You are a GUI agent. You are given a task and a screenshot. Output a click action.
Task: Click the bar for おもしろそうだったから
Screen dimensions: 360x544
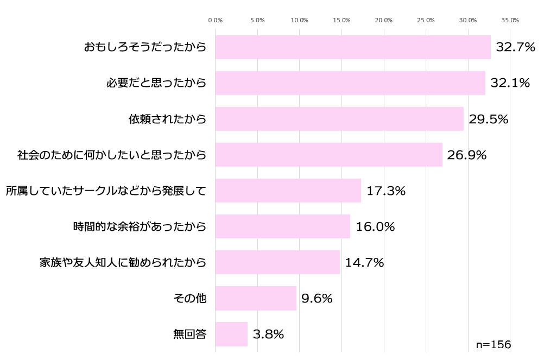coord(353,47)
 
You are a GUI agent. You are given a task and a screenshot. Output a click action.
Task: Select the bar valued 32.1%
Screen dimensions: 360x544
coord(350,83)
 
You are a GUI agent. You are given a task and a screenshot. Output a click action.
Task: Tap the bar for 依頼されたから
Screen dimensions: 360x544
coord(339,119)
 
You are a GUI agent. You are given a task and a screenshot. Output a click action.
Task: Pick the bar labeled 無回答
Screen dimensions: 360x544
coord(231,334)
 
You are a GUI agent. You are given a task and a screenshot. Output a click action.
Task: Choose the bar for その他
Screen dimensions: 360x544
coord(256,298)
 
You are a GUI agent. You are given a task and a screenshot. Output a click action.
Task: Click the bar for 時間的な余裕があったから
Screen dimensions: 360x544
coord(283,226)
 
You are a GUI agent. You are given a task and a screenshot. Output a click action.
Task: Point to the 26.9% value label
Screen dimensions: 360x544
coord(466,155)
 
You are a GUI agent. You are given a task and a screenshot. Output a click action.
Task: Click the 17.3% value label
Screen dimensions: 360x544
coord(386,191)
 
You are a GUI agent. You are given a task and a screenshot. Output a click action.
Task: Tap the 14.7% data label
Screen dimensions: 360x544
coord(364,263)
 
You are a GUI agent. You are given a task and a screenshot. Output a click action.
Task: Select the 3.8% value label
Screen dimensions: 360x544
coord(269,334)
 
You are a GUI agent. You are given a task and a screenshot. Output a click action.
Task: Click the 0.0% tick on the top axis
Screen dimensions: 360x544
coord(216,20)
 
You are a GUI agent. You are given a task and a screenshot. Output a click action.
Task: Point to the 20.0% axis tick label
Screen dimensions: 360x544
coord(384,20)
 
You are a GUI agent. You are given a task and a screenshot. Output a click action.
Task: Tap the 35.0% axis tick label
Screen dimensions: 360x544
coord(510,20)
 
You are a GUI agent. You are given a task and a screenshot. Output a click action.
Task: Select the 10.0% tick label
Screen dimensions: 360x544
coord(300,20)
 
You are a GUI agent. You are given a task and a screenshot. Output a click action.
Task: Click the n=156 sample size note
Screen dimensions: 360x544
coord(493,345)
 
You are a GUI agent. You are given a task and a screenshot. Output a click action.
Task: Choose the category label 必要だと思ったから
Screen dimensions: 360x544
coord(156,83)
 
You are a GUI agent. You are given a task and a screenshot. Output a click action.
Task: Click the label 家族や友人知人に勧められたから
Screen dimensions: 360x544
coord(123,263)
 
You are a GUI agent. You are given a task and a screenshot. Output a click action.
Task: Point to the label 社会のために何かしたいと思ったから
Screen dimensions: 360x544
coord(112,155)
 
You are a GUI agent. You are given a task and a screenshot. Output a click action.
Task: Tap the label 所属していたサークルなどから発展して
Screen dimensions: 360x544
coord(106,191)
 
